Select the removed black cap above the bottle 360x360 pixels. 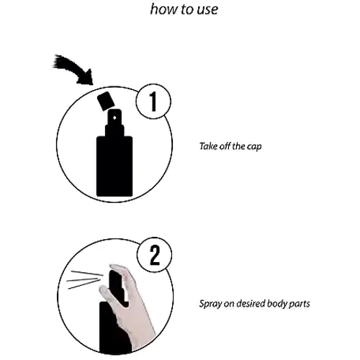click(106, 101)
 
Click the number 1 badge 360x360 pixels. click(153, 102)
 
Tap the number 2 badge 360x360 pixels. click(155, 255)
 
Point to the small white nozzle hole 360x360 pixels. click(114, 117)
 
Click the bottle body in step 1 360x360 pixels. click(114, 166)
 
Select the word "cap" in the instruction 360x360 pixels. click(254, 147)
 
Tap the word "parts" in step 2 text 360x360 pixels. click(300, 305)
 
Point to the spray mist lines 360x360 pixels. click(85, 279)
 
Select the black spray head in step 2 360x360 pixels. click(117, 286)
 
